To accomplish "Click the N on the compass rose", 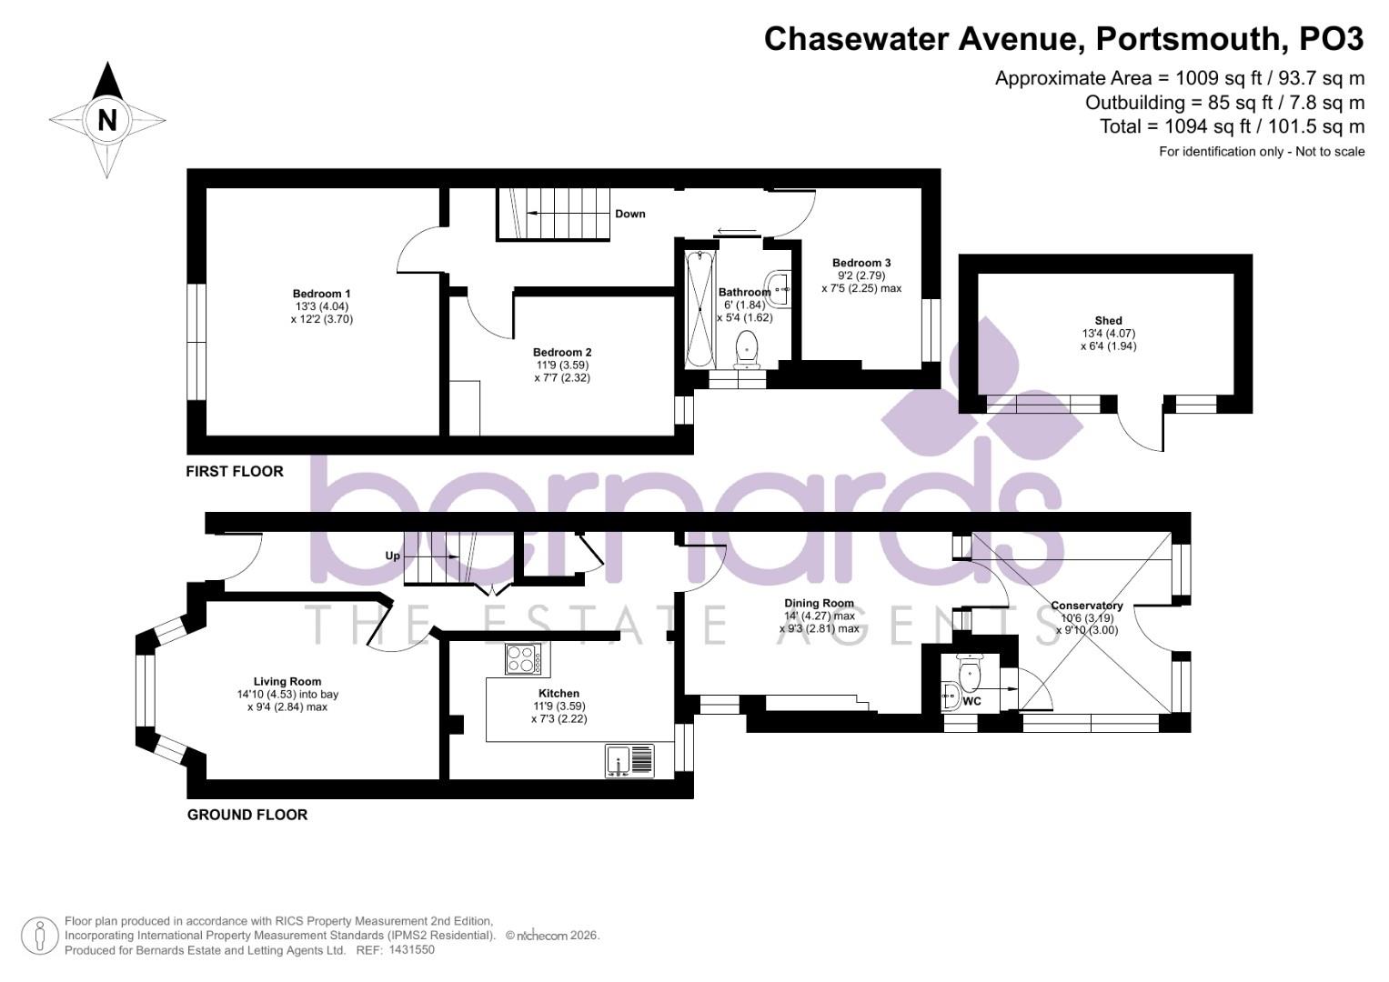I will (x=107, y=119).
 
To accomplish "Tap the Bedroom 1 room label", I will (x=321, y=294).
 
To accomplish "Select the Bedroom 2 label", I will (x=562, y=353).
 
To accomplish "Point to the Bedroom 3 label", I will (x=861, y=263).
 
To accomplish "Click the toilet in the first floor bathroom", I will (x=747, y=349).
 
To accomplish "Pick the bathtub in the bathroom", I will (x=700, y=308).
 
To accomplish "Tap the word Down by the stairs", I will (x=629, y=214).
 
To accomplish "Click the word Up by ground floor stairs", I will (x=393, y=556).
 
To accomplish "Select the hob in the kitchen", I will (x=523, y=659).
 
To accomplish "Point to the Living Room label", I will (x=287, y=681).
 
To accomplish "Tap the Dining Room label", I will (x=819, y=603).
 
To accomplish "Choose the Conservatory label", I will (x=1086, y=606).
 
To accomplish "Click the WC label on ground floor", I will (x=971, y=701).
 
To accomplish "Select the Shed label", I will (x=1108, y=320).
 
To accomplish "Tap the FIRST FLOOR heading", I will (x=235, y=471).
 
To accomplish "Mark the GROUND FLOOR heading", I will (x=247, y=815).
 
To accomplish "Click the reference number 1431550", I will (x=411, y=949).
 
